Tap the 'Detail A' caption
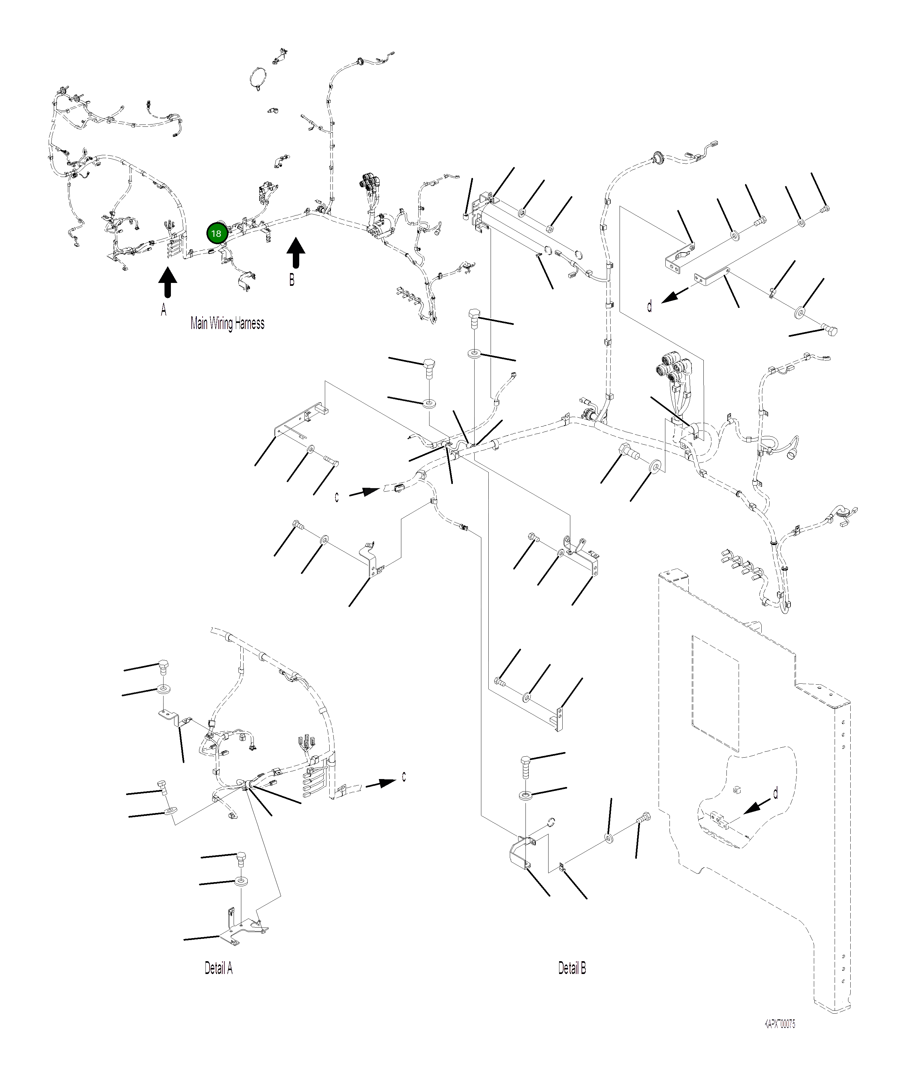(x=219, y=968)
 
